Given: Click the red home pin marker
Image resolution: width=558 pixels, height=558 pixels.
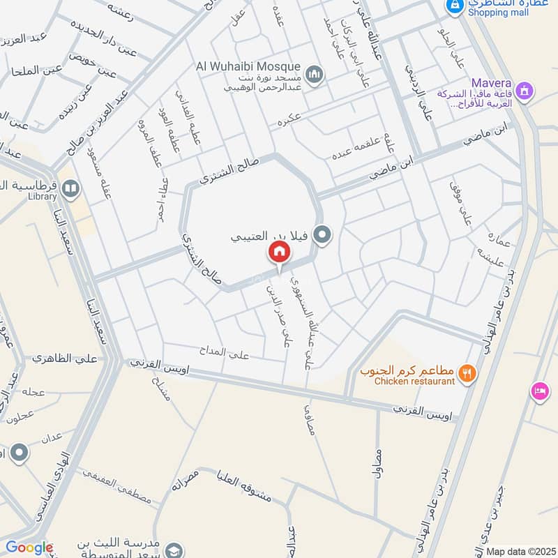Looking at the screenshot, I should point(279,252).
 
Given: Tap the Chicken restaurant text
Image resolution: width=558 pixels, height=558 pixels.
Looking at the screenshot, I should point(414,381).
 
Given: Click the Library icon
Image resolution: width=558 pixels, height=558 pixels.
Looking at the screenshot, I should point(70,188).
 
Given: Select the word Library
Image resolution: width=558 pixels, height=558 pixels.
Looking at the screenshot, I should point(43,197).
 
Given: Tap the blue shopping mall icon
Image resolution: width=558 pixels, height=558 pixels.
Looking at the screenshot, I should point(455,6).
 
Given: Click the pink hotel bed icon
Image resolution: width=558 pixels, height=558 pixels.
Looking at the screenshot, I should point(539,391).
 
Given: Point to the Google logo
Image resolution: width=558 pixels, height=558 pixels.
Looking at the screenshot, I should point(29,548).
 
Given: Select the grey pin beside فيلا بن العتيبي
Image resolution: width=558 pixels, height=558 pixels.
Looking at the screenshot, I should point(322,236).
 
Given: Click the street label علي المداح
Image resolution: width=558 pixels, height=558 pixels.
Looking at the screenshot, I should point(228,354).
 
